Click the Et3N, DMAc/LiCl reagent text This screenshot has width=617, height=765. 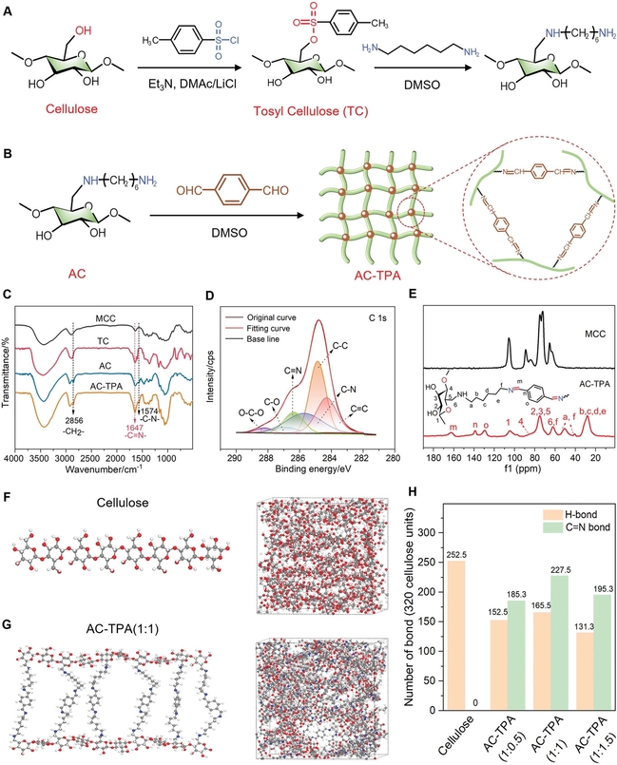170,85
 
